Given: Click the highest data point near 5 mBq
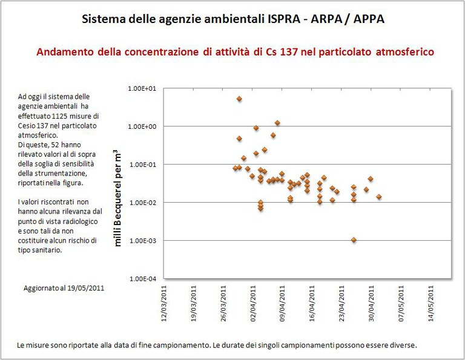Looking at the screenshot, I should [x=239, y=99].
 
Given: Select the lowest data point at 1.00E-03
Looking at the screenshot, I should [x=354, y=240].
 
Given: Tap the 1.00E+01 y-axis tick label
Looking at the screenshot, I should [x=142, y=88].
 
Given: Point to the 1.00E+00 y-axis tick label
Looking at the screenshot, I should [x=142, y=126].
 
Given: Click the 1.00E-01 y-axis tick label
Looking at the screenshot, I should [x=142, y=165].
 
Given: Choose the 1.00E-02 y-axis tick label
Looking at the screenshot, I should [x=142, y=203].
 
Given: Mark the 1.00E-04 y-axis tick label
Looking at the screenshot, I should [x=142, y=279].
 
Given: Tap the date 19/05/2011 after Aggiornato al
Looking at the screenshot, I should [x=85, y=289].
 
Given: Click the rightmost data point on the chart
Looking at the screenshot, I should [x=379, y=197].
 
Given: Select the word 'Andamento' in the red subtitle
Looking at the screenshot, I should [x=62, y=53].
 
